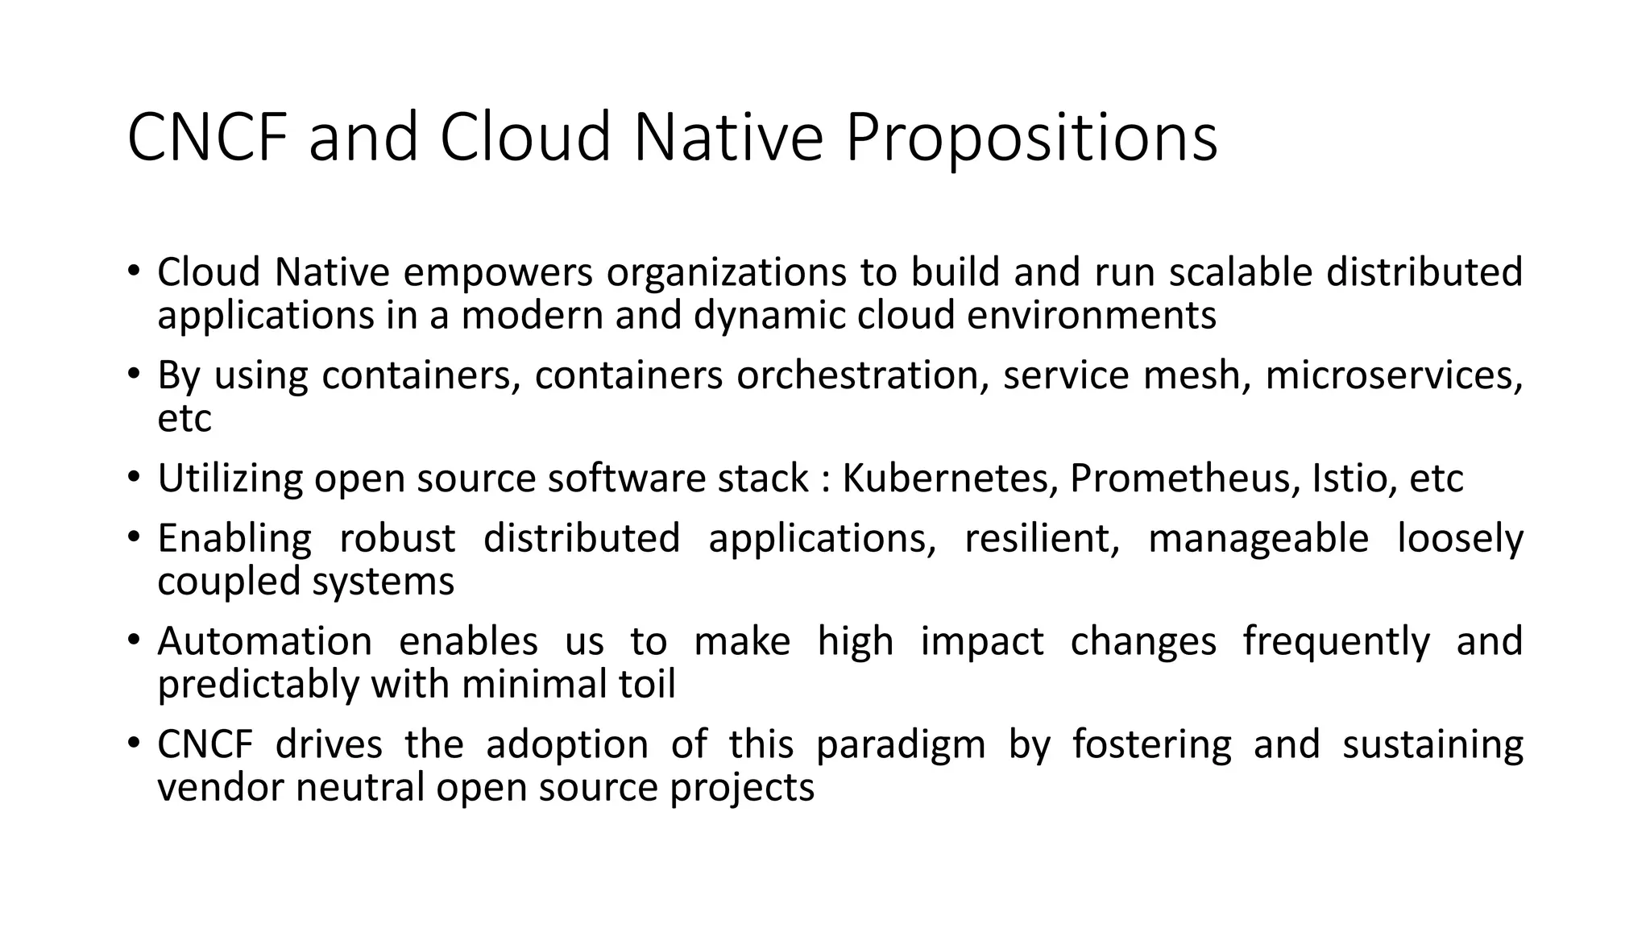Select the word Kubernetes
point(950,478)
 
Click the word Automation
point(264,642)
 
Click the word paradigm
point(901,744)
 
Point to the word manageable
point(1258,539)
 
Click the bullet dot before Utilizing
point(133,477)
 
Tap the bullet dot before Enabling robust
point(133,537)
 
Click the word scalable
point(1240,272)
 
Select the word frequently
point(1336,642)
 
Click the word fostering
point(1151,744)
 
